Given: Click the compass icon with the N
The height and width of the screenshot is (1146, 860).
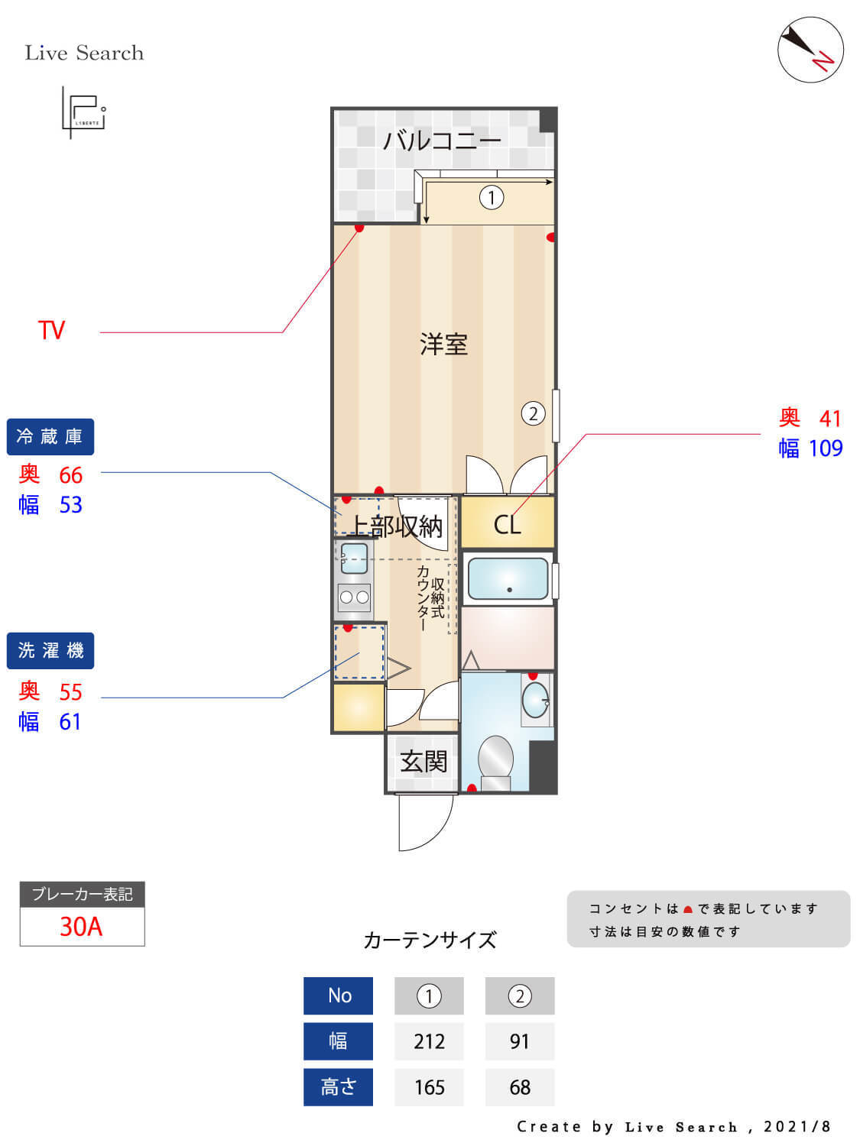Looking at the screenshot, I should click(x=810, y=50).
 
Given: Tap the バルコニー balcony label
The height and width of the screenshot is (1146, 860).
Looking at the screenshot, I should click(x=442, y=141).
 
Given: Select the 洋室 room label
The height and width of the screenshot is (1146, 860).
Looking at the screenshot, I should click(x=443, y=345).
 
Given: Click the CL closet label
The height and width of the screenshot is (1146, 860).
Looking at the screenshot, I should click(x=507, y=525).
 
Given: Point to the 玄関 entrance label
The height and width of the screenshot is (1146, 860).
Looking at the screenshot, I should click(x=424, y=762).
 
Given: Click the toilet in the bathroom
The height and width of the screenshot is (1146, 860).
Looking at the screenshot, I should click(x=495, y=760).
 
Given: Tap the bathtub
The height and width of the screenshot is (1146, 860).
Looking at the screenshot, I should click(x=508, y=578).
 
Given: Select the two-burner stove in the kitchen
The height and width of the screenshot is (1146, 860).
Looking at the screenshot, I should click(x=354, y=597).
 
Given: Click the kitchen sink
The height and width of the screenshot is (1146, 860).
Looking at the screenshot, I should click(x=354, y=558).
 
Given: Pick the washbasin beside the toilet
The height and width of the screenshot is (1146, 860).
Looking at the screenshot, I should click(x=535, y=700).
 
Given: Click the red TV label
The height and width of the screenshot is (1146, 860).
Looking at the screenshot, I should click(x=52, y=331).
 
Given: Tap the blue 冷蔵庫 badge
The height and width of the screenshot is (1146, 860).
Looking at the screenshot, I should click(x=50, y=437).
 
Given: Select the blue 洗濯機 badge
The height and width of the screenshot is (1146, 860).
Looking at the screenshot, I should click(x=50, y=651).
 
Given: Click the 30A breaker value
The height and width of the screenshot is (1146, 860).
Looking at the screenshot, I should click(x=81, y=927).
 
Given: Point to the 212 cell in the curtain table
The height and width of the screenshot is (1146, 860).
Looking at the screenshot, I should click(x=429, y=1041).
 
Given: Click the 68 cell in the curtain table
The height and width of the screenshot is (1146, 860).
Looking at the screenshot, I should click(x=520, y=1087).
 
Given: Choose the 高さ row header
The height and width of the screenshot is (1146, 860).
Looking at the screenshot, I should click(x=338, y=1087).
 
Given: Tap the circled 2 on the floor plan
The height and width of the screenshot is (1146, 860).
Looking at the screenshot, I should click(x=533, y=414).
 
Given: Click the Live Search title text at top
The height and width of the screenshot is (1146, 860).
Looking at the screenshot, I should click(x=84, y=53).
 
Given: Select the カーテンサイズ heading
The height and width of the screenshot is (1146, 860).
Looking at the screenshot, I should click(x=430, y=940).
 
